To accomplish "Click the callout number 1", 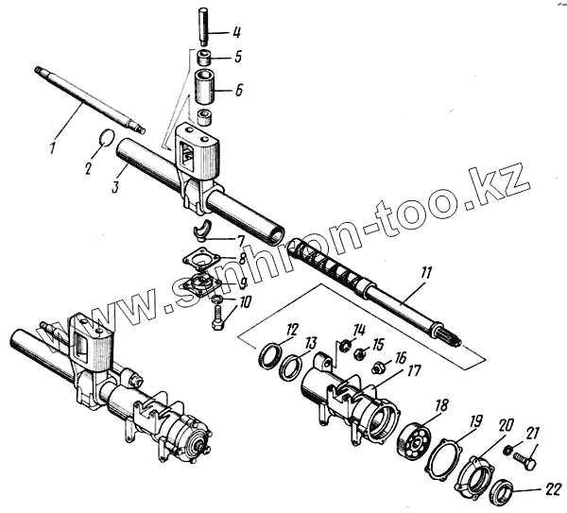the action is [53, 147].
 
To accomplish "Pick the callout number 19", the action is [477, 419].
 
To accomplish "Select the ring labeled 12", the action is [269, 357].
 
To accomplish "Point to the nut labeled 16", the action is [378, 367].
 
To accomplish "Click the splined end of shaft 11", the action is [444, 333].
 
